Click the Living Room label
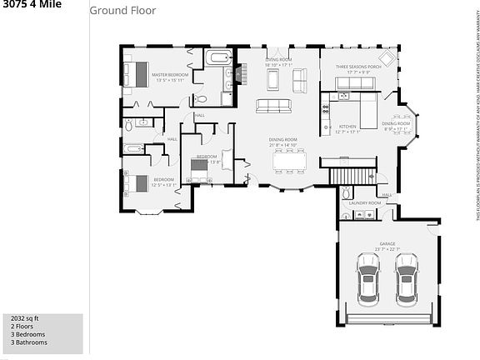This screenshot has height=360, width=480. pos(278,60)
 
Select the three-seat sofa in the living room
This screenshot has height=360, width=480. pos(272,106)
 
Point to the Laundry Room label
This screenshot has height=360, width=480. pos(365,202)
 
